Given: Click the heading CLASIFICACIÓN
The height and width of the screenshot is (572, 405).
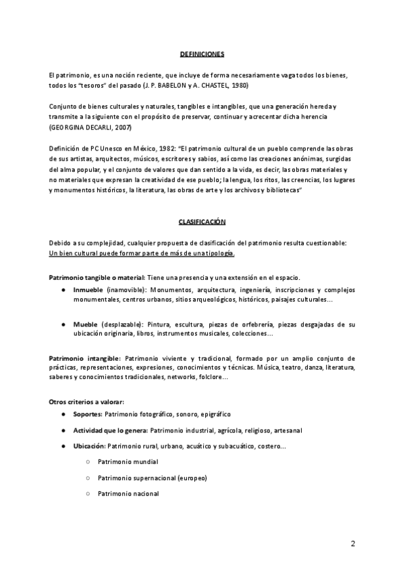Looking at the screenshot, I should (202, 221).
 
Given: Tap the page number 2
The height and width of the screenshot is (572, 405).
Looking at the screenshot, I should (352, 544).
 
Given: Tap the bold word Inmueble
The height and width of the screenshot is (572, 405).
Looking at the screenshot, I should (88, 290).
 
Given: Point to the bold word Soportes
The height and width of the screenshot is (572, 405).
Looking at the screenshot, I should (88, 412).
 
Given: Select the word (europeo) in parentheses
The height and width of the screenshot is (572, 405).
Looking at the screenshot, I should (192, 478).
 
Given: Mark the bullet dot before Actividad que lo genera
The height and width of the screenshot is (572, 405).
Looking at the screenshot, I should (63, 430).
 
